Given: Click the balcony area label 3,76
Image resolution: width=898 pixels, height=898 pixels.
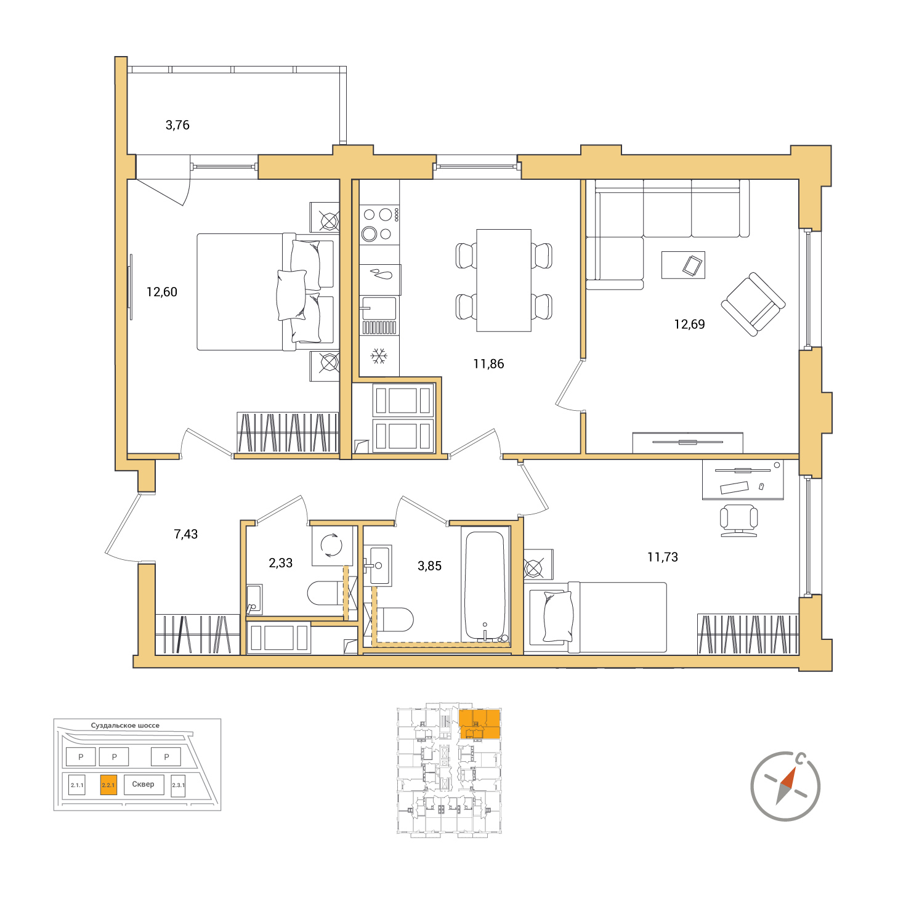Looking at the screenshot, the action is click(x=177, y=125).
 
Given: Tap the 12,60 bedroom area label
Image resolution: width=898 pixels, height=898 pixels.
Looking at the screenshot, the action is click(x=162, y=292).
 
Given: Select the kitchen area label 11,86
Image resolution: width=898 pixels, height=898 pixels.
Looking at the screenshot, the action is click(x=488, y=363).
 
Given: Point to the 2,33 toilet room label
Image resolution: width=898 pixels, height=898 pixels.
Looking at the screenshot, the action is click(x=280, y=562).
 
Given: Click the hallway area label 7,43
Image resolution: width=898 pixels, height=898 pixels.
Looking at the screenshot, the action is click(x=185, y=534).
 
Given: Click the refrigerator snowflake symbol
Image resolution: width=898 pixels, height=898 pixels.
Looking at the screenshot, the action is click(x=379, y=356).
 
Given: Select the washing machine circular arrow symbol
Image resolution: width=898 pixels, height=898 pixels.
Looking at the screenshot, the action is click(x=332, y=544).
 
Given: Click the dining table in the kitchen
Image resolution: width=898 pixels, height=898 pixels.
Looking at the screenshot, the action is click(x=503, y=280).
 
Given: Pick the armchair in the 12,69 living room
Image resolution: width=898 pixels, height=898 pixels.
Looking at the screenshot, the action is click(x=753, y=304).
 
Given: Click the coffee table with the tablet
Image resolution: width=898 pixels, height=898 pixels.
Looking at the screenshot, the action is click(x=682, y=265).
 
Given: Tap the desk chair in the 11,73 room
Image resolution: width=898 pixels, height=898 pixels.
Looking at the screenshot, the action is click(x=738, y=520).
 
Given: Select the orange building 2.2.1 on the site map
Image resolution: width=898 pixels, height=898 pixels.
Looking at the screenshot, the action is click(x=108, y=785).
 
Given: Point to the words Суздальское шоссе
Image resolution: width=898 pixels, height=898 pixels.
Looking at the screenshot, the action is click(x=125, y=726).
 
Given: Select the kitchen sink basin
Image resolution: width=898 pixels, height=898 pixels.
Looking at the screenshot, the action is click(x=379, y=308).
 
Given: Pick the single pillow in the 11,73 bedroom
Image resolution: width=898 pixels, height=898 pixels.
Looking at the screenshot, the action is click(x=558, y=616).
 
